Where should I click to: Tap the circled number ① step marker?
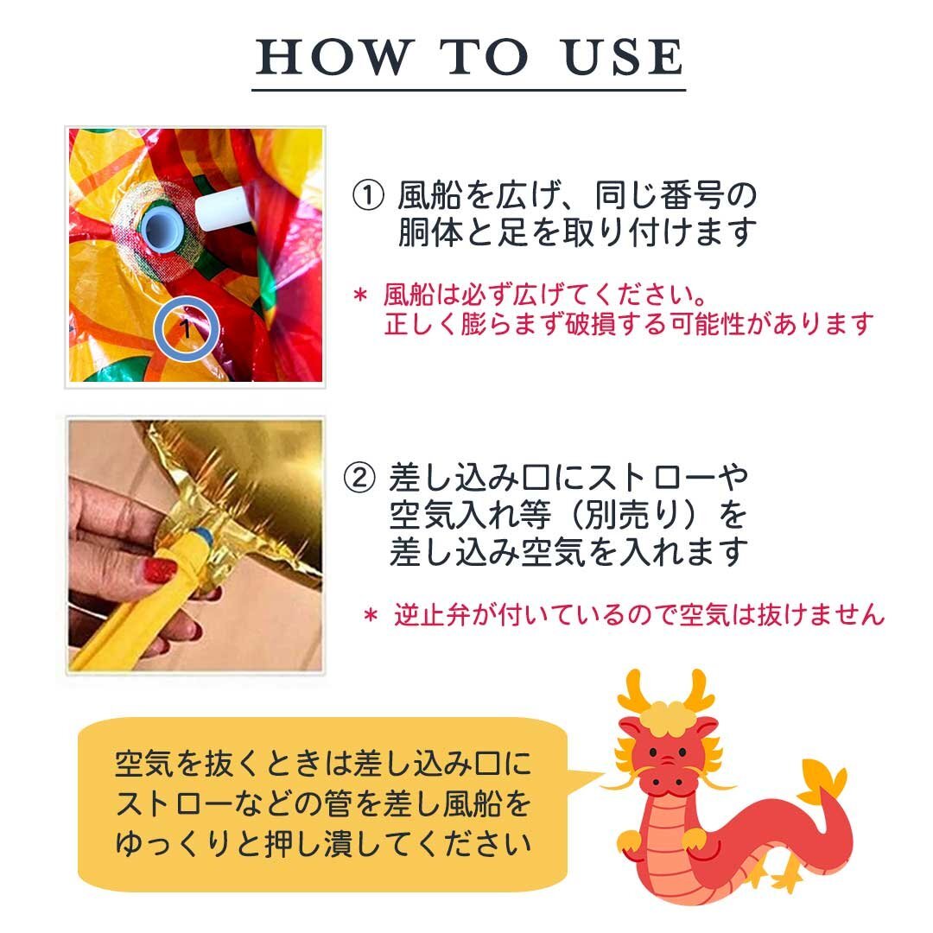[x=368, y=196]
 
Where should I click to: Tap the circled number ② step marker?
[x=360, y=477]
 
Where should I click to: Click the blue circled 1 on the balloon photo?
[x=187, y=328]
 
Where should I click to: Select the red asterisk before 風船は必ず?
[x=360, y=295]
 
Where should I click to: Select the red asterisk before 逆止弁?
[x=371, y=615]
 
